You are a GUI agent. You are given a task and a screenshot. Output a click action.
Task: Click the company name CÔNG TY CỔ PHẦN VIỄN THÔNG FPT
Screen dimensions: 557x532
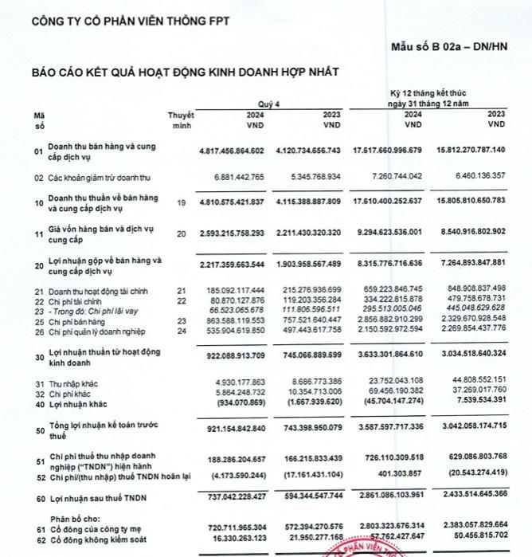point(130,22)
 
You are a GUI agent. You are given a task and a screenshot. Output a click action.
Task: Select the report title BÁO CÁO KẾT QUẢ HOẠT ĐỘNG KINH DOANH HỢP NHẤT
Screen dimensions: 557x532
point(186,72)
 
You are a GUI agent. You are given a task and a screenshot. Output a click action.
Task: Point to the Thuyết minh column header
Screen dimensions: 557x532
point(181,120)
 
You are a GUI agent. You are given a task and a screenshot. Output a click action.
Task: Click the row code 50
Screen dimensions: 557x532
point(38,431)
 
